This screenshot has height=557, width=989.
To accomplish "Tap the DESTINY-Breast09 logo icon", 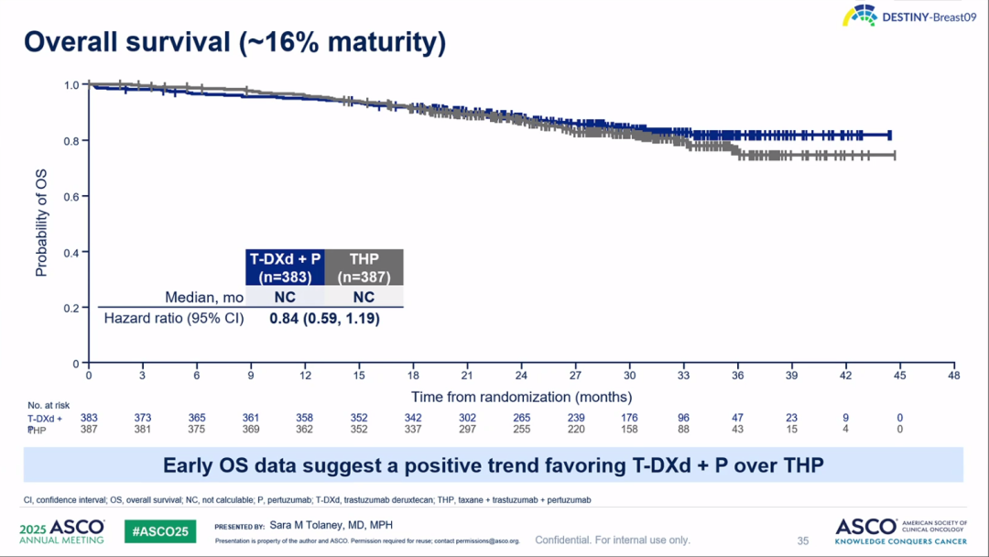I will click(859, 16).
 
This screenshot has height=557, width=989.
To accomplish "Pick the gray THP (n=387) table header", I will click(364, 267).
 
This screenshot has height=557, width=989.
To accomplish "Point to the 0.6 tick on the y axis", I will click(71, 196).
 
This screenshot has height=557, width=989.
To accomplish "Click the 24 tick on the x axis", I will click(521, 377).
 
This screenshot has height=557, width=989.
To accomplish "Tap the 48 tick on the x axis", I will click(954, 377).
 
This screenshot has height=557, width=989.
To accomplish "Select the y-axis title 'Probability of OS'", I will click(41, 224).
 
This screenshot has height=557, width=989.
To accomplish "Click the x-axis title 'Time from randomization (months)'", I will click(521, 397).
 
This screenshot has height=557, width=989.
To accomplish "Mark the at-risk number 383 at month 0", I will click(89, 418).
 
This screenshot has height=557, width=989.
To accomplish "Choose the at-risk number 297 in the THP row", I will click(467, 429).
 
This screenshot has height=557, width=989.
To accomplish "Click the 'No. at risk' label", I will click(48, 405).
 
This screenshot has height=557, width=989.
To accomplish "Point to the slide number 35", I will click(803, 541).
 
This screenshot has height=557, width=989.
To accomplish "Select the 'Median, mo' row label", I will click(203, 297).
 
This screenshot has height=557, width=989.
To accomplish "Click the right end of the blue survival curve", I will click(889, 135).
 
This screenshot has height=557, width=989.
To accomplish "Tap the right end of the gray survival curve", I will click(894, 156).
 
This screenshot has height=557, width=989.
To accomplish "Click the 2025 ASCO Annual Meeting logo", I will click(62, 531).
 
